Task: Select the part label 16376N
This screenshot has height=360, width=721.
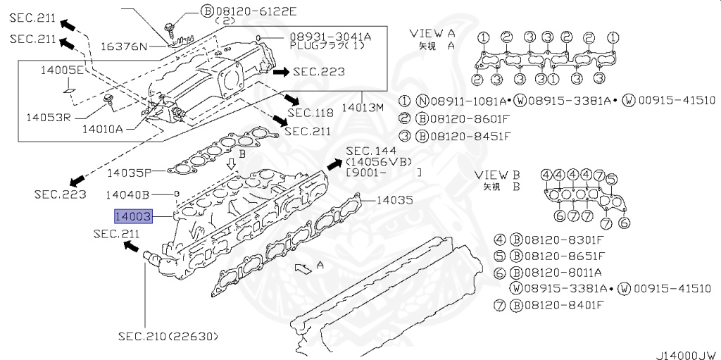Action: pos(123,46)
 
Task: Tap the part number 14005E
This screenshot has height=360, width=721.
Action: pos(61,70)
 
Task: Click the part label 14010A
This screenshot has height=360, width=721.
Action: pos(102,129)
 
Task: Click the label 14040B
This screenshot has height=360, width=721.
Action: pos(127,193)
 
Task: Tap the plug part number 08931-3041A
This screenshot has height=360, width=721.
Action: pos(330,36)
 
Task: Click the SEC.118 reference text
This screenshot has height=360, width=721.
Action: pos(311,113)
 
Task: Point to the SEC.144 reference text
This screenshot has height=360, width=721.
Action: pos(371,151)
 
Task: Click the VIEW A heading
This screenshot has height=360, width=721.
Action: pos(432,33)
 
